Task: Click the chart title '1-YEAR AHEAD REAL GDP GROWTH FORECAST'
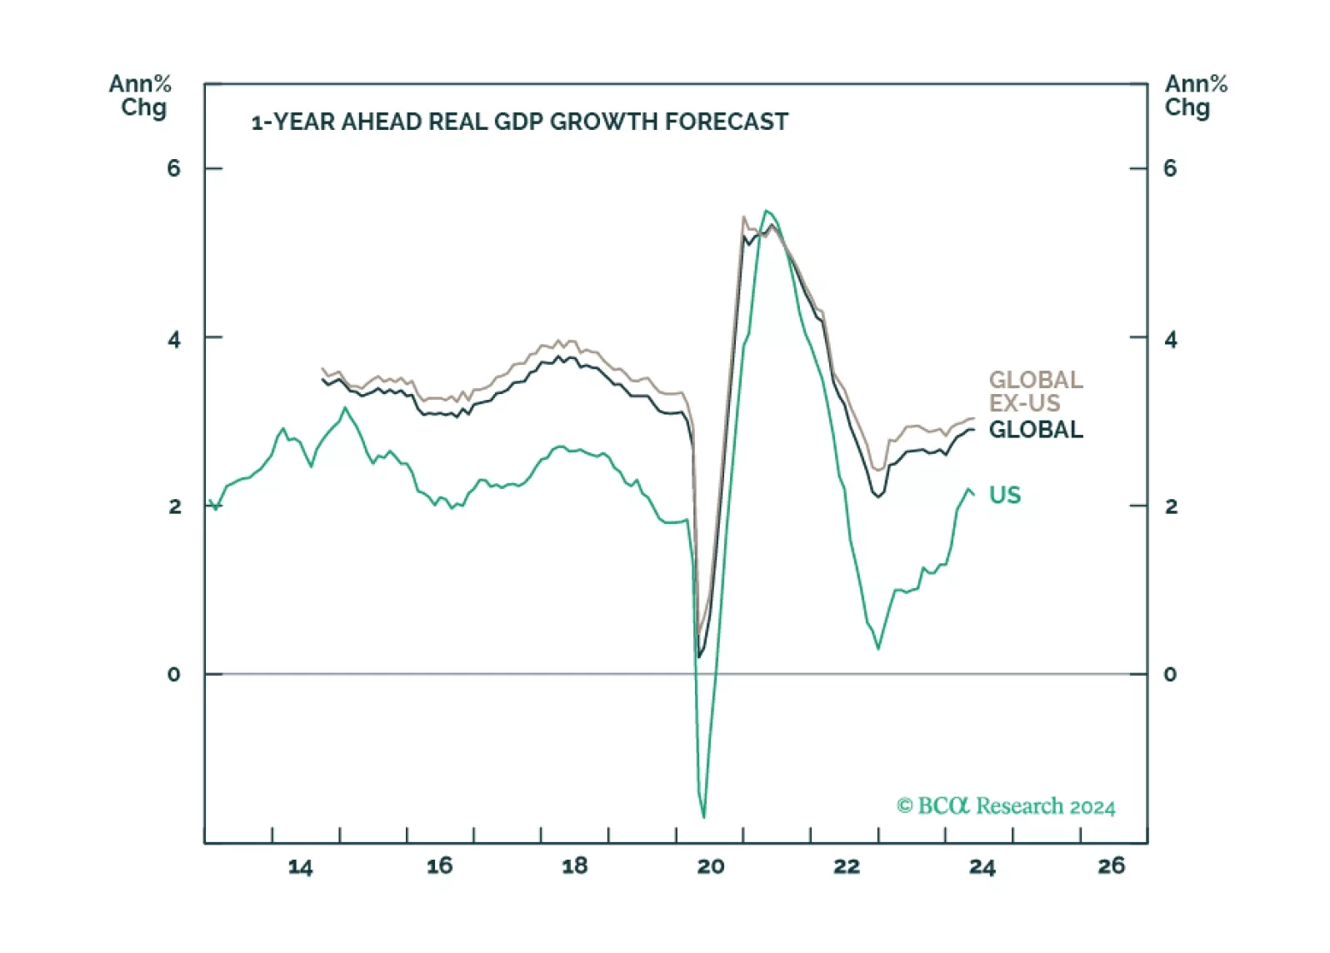(519, 122)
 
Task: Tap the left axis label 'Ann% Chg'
(140, 96)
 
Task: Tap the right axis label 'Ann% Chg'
(1196, 96)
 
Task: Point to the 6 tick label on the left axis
(173, 169)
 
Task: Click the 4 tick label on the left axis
(173, 339)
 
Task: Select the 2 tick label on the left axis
(174, 506)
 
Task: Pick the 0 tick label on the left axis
(173, 675)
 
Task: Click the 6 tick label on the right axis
(1170, 169)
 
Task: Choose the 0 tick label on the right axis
(1170, 675)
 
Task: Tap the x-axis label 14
(300, 867)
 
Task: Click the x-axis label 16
(439, 866)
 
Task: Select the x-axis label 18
(575, 866)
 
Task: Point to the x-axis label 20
(710, 866)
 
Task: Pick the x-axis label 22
(847, 866)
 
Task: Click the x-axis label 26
(1111, 866)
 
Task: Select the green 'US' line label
(1004, 496)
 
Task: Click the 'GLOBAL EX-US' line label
(1035, 392)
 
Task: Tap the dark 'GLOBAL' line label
(1036, 430)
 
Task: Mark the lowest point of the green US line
(704, 816)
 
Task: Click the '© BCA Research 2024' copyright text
(1006, 806)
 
